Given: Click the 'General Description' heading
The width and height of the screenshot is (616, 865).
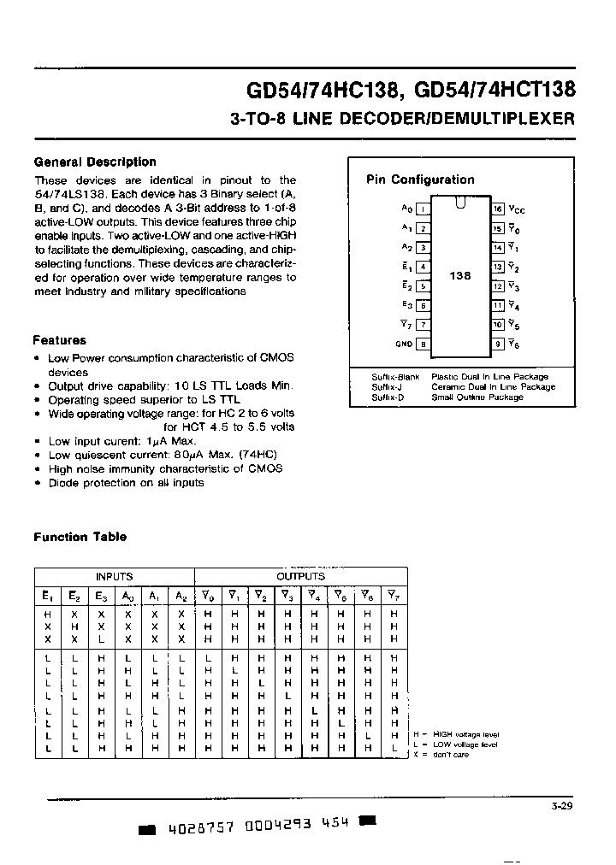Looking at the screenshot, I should pyautogui.click(x=94, y=162).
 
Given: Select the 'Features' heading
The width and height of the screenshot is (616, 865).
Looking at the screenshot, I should pyautogui.click(x=59, y=340).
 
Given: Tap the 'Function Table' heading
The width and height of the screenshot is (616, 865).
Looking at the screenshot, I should pyautogui.click(x=80, y=537).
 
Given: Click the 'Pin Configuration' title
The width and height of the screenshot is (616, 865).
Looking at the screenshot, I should pyautogui.click(x=420, y=179).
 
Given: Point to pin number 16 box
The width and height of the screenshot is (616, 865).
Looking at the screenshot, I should pyautogui.click(x=497, y=209).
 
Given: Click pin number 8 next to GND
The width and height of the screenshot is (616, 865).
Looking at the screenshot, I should pyautogui.click(x=423, y=344).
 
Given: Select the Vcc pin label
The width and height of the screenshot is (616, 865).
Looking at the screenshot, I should pyautogui.click(x=517, y=209).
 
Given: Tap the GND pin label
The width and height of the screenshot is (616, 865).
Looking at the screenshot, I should pyautogui.click(x=404, y=344).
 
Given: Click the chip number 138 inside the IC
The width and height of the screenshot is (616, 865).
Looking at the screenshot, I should pyautogui.click(x=460, y=276).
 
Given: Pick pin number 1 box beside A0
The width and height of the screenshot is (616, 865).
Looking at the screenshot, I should pyautogui.click(x=423, y=209).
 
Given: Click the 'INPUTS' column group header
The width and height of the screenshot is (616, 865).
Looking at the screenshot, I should pyautogui.click(x=114, y=577).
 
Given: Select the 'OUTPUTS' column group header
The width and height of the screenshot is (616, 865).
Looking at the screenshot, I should pyautogui.click(x=300, y=577).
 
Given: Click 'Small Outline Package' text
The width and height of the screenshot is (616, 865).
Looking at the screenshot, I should pyautogui.click(x=477, y=397).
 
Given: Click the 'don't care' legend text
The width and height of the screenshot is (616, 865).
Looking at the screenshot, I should pyautogui.click(x=450, y=755).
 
